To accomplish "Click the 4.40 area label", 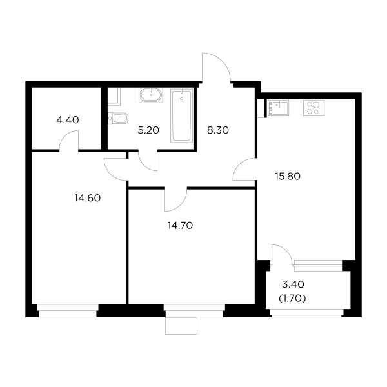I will tap(68, 119).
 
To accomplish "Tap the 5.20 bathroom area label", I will tap(149, 130).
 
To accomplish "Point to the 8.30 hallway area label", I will tap(217, 130).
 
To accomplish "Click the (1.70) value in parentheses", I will tap(292, 298).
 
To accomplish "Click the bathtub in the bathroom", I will tap(182, 118).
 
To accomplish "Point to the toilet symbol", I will tap(120, 117).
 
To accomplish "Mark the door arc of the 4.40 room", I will tap(69, 139).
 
